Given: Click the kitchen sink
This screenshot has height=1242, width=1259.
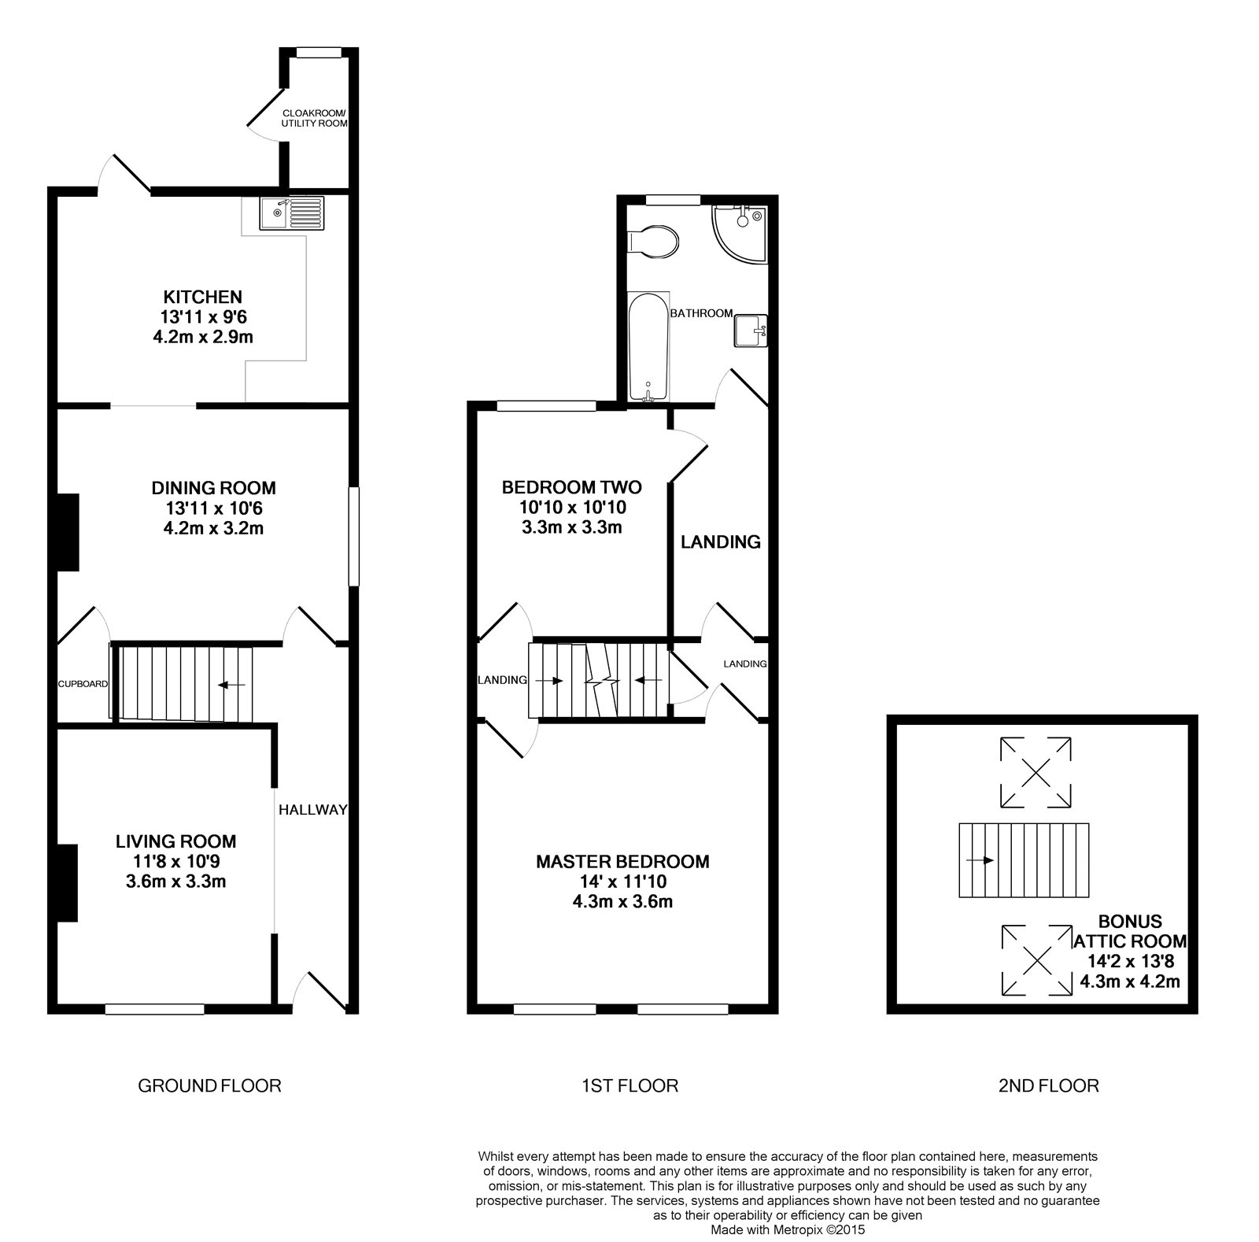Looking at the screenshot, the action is click(291, 213).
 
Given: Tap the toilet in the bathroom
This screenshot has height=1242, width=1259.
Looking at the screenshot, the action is click(653, 242).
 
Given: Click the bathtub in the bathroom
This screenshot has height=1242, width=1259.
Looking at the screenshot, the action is click(649, 346).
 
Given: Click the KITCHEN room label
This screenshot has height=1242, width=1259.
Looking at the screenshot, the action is click(202, 298).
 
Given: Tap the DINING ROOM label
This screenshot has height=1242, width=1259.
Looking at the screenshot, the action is click(214, 489).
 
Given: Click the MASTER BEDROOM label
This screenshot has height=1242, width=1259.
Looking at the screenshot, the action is click(622, 862).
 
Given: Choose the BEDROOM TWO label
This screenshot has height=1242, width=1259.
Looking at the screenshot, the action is click(572, 488).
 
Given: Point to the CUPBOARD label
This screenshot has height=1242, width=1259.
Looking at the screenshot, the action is click(83, 684).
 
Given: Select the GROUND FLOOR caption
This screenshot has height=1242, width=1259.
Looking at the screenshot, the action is click(209, 1086).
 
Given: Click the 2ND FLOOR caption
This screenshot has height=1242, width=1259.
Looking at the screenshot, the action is click(1048, 1086).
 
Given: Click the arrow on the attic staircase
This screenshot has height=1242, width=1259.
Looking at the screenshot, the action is click(980, 860).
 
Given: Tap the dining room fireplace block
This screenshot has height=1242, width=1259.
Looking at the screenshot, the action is click(68, 531).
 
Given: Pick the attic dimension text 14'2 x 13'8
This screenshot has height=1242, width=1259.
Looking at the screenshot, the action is click(1131, 960).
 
